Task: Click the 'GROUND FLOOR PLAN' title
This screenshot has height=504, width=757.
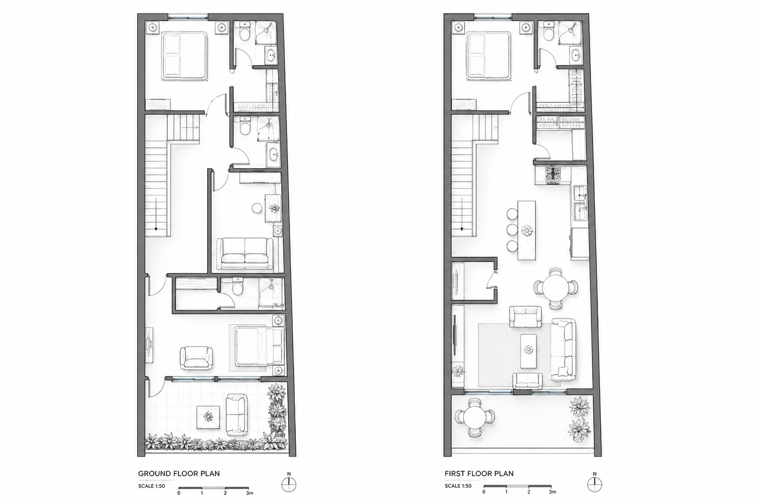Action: point(179,474)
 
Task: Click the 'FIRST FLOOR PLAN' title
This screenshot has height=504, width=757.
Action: point(479,474)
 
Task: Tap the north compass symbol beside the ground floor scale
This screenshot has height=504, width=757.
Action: point(289,485)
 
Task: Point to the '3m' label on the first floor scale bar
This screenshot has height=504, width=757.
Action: point(552,492)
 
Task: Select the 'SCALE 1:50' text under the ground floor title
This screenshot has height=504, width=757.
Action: point(151,486)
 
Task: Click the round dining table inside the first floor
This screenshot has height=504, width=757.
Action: point(556,288)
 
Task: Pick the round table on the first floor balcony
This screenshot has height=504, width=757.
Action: point(474,418)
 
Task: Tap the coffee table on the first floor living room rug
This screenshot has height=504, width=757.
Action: point(528,351)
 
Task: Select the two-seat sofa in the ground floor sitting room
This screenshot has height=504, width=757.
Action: point(245,254)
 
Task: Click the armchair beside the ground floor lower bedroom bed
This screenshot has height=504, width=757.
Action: point(196,358)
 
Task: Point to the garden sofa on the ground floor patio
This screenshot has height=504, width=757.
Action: point(237,415)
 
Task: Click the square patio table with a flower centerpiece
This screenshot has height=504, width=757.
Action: point(208,417)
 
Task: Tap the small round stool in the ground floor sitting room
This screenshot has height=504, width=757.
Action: point(257,208)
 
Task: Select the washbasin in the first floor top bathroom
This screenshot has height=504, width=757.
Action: point(575,55)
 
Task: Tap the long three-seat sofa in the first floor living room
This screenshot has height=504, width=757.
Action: point(563,350)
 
